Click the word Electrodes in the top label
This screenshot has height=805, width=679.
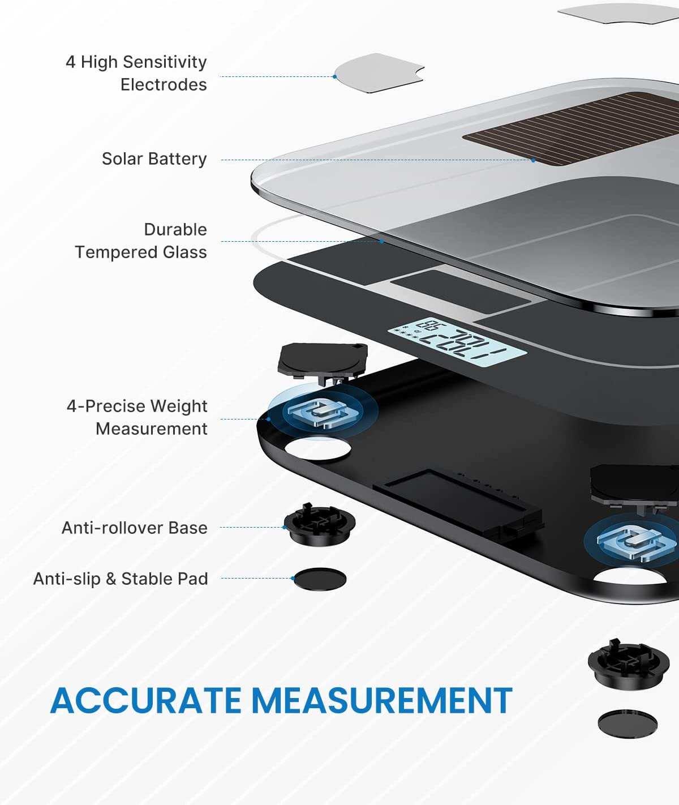click(164, 85)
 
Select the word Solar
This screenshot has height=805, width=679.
click(123, 159)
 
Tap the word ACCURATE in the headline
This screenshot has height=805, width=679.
click(146, 700)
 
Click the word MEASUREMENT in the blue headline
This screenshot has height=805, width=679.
click(384, 700)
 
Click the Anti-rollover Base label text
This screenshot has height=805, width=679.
click(135, 528)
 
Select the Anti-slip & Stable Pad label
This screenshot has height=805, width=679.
click(121, 579)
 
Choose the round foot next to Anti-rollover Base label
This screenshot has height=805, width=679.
click(320, 524)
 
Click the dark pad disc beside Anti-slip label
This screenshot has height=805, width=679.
click(320, 579)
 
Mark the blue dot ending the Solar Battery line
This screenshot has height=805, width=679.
click(534, 160)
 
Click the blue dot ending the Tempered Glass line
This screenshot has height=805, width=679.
click(381, 241)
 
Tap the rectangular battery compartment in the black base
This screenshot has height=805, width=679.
click(458, 501)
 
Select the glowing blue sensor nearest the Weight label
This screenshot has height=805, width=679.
click(323, 412)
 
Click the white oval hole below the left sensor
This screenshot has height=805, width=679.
click(318, 449)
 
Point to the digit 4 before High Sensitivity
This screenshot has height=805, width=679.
click(71, 62)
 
